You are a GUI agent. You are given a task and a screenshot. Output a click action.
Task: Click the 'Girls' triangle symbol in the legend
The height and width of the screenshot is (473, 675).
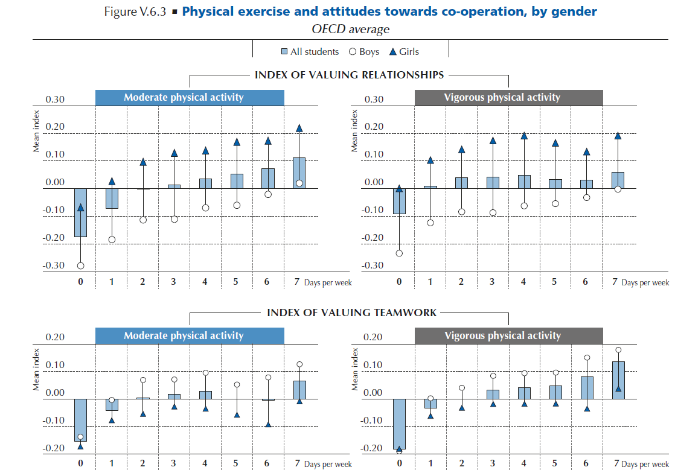393,52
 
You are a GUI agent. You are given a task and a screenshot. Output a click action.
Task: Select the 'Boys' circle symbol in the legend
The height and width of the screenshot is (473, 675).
353,52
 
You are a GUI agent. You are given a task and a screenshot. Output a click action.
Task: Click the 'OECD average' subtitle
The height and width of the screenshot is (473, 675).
350,29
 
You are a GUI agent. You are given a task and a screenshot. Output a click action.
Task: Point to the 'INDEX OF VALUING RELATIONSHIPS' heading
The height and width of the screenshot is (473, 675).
349,75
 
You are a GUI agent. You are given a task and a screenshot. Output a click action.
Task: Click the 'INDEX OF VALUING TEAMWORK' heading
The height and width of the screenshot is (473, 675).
352,313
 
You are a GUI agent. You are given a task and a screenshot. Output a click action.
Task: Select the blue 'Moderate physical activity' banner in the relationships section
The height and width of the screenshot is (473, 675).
190,97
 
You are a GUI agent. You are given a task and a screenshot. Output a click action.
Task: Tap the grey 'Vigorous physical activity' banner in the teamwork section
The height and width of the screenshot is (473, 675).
508,335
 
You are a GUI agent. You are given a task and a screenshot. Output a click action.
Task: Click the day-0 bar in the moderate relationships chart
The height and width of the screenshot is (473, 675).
81,212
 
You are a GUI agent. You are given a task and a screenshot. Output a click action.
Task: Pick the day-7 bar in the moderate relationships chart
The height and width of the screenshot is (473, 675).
299,173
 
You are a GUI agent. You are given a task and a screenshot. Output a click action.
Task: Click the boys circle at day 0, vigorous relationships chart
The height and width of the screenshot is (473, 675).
399,253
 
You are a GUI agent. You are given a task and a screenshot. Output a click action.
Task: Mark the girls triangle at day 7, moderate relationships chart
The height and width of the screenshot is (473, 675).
299,127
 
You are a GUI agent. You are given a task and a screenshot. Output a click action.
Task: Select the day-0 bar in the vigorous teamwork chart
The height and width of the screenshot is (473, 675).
399,424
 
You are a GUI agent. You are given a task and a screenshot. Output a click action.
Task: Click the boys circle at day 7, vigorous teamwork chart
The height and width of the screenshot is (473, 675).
618,350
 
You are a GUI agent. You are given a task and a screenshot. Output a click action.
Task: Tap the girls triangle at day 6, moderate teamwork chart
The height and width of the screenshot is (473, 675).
267,424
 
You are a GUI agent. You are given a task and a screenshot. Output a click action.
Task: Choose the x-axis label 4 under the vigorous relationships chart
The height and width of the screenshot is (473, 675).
523,282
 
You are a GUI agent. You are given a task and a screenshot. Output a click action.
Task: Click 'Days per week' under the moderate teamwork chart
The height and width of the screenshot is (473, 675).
327,465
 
